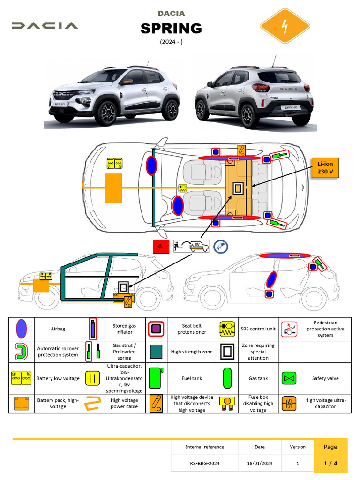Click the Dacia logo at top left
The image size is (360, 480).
click(x=45, y=25)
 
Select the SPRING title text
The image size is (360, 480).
click(x=171, y=29)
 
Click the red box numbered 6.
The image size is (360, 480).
click(x=160, y=246)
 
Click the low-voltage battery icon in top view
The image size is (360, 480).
click(x=114, y=164)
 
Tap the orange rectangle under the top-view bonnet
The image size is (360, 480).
click(x=113, y=188)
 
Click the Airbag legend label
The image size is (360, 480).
click(x=58, y=329)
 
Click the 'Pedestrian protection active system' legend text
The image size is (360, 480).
click(x=325, y=329)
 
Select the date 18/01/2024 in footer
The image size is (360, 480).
click(x=260, y=463)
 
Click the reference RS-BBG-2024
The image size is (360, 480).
click(x=204, y=463)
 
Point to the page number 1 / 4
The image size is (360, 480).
click(x=330, y=463)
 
